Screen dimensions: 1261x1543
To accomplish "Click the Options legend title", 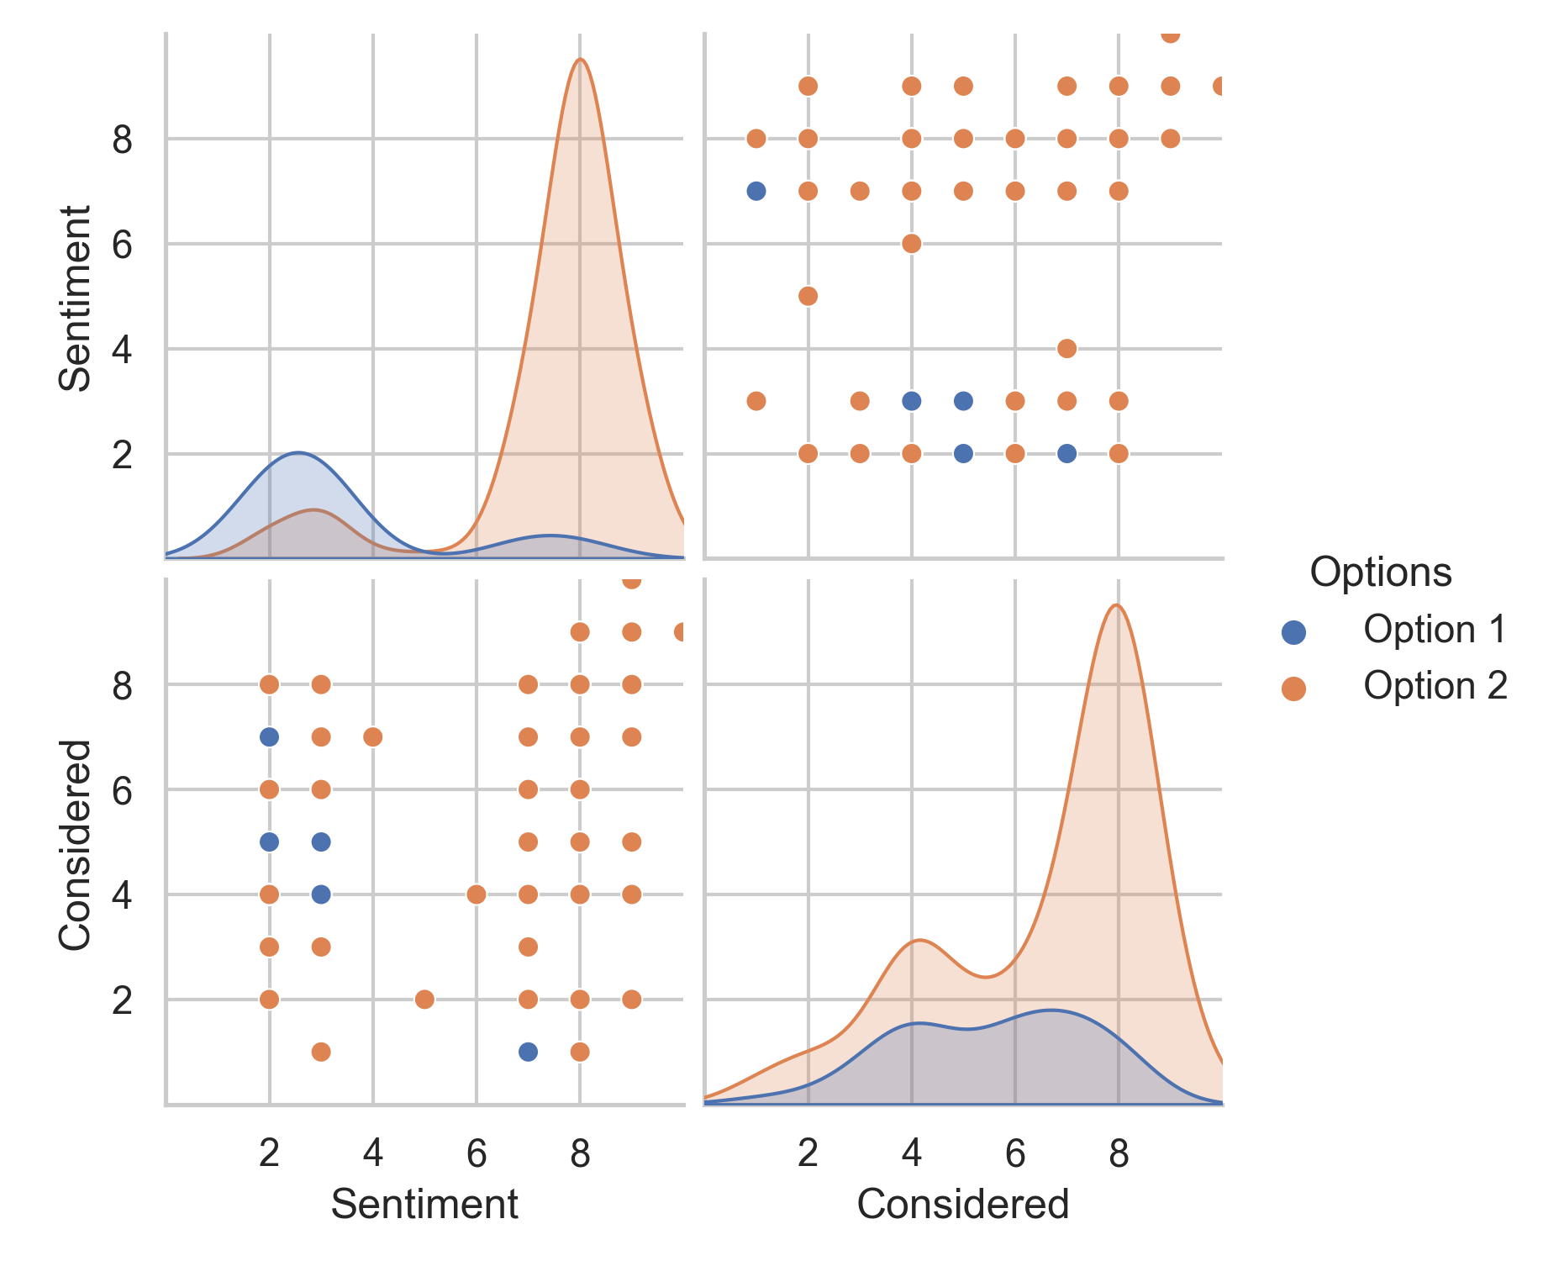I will tap(1381, 572).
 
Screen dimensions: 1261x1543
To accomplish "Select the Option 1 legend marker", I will tap(1293, 632).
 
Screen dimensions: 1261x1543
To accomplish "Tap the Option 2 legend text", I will tap(1435, 686).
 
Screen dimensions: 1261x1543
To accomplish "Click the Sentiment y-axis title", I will tap(76, 298).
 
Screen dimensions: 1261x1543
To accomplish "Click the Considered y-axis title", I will tap(76, 844).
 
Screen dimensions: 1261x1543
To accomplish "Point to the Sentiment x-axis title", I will tap(424, 1204).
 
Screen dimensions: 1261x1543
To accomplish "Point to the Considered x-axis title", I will tap(962, 1204).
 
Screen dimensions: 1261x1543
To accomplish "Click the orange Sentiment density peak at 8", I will tap(580, 60).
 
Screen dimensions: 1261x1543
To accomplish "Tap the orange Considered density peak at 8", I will tap(1115, 605).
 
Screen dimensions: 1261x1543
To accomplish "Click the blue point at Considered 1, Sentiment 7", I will tap(756, 191).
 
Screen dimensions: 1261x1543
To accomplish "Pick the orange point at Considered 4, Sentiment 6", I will tap(911, 244).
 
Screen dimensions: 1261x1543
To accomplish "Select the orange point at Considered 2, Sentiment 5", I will tap(808, 296).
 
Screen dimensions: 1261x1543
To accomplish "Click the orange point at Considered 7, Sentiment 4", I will tap(1066, 348).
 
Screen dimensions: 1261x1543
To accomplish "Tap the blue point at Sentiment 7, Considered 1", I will tap(528, 1052).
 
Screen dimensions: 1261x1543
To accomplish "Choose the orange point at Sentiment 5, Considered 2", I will tap(424, 1000).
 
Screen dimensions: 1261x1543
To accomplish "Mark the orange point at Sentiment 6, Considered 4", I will tap(476, 894).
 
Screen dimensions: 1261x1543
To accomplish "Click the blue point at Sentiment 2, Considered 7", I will tap(269, 737).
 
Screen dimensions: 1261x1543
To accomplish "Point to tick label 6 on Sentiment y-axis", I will tap(122, 245).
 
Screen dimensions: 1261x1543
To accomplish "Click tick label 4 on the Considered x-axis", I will tap(911, 1153).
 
